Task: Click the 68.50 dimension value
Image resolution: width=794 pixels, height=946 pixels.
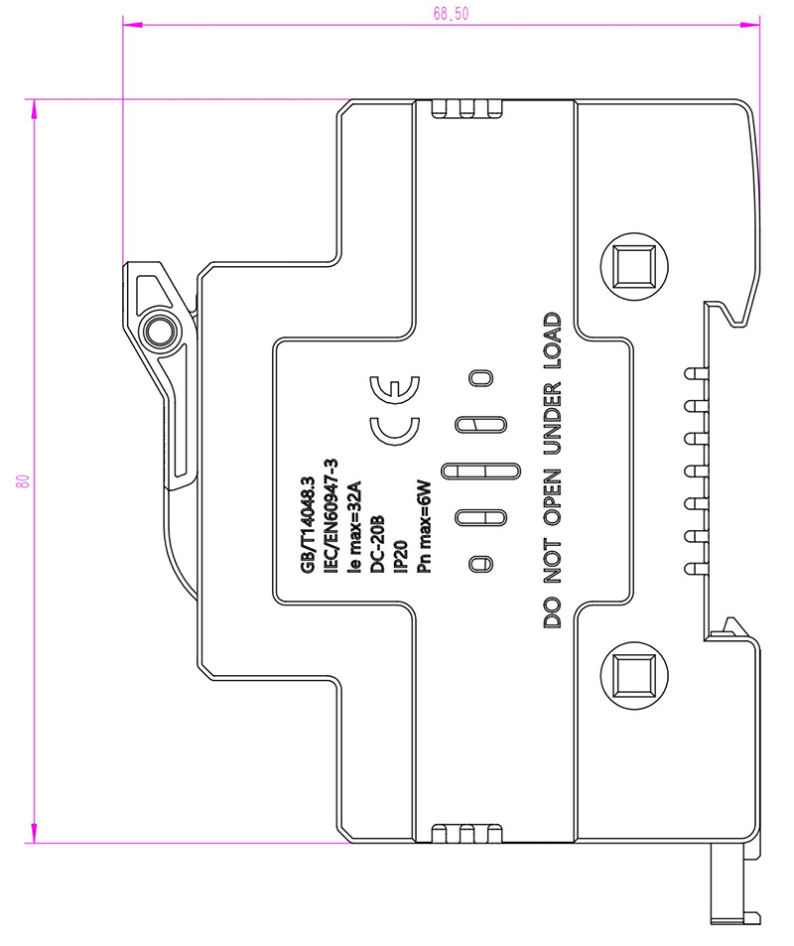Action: (x=451, y=13)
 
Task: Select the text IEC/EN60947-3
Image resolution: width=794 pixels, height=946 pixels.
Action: (x=331, y=516)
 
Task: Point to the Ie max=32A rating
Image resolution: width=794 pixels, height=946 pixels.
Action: (x=354, y=527)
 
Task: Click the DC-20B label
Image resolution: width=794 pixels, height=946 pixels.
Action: (x=377, y=544)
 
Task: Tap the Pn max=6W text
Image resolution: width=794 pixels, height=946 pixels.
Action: (x=424, y=527)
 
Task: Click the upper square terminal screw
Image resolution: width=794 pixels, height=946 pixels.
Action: (x=635, y=267)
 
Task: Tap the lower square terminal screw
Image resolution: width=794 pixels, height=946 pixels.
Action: (x=635, y=675)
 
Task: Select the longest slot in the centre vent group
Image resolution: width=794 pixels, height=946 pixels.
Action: (x=480, y=472)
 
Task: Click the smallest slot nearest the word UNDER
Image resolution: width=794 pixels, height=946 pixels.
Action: (x=480, y=378)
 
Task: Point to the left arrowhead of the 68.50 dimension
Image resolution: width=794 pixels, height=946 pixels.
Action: (x=132, y=25)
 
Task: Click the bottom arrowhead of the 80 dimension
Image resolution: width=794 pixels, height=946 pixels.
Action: (x=35, y=833)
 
